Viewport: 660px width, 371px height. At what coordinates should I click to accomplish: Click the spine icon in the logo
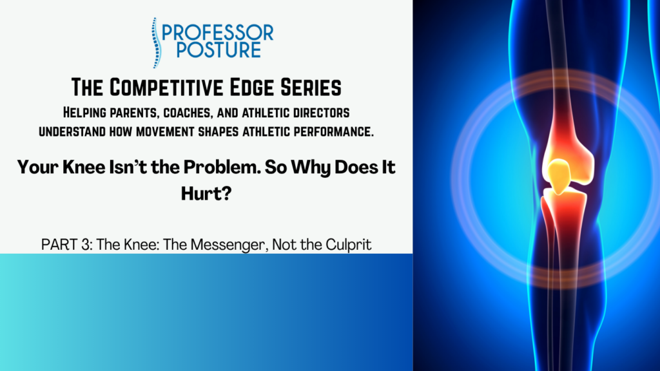click(x=156, y=43)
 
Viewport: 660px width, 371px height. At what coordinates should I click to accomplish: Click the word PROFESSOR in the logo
click(x=218, y=33)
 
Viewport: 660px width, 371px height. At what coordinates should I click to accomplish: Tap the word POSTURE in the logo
click(x=219, y=50)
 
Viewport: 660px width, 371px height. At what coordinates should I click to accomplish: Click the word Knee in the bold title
click(x=84, y=167)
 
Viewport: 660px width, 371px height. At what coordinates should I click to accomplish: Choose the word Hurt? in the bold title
click(x=206, y=193)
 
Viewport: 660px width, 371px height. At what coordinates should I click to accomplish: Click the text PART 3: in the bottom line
click(x=66, y=244)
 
